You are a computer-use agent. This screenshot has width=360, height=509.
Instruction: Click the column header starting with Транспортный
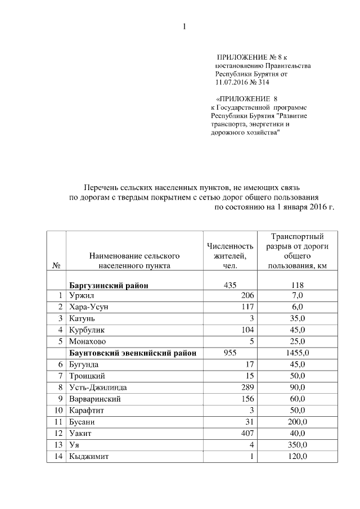click(x=297, y=251)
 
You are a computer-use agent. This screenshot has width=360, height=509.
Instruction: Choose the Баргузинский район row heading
click(x=109, y=285)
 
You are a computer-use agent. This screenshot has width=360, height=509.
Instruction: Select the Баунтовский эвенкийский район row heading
click(x=133, y=353)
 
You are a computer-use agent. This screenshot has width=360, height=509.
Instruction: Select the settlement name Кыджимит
click(x=88, y=456)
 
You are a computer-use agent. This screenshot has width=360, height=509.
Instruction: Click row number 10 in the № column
click(x=56, y=411)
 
